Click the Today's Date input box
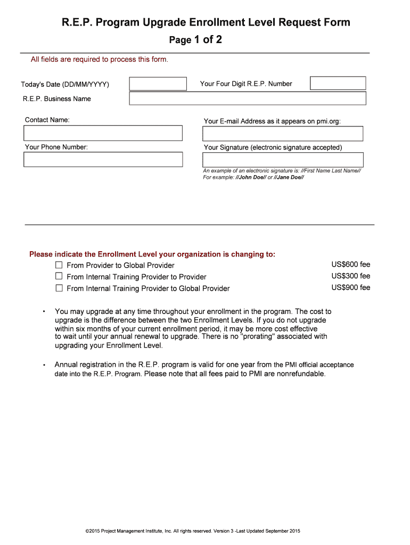click(158, 84)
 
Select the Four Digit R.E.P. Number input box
click(338, 84)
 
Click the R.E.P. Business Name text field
click(248, 98)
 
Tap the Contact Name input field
click(103, 133)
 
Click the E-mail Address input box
click(283, 134)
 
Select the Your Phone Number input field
click(103, 160)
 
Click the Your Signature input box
click(283, 160)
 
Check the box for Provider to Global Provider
click(59, 265)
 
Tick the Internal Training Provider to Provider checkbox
click(59, 277)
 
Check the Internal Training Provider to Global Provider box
click(59, 288)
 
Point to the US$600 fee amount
click(350, 265)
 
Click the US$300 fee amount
click(350, 276)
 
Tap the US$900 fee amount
click(350, 288)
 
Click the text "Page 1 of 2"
click(195, 40)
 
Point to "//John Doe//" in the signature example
click(250, 177)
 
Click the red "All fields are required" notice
click(100, 60)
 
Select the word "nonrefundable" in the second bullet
click(300, 374)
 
